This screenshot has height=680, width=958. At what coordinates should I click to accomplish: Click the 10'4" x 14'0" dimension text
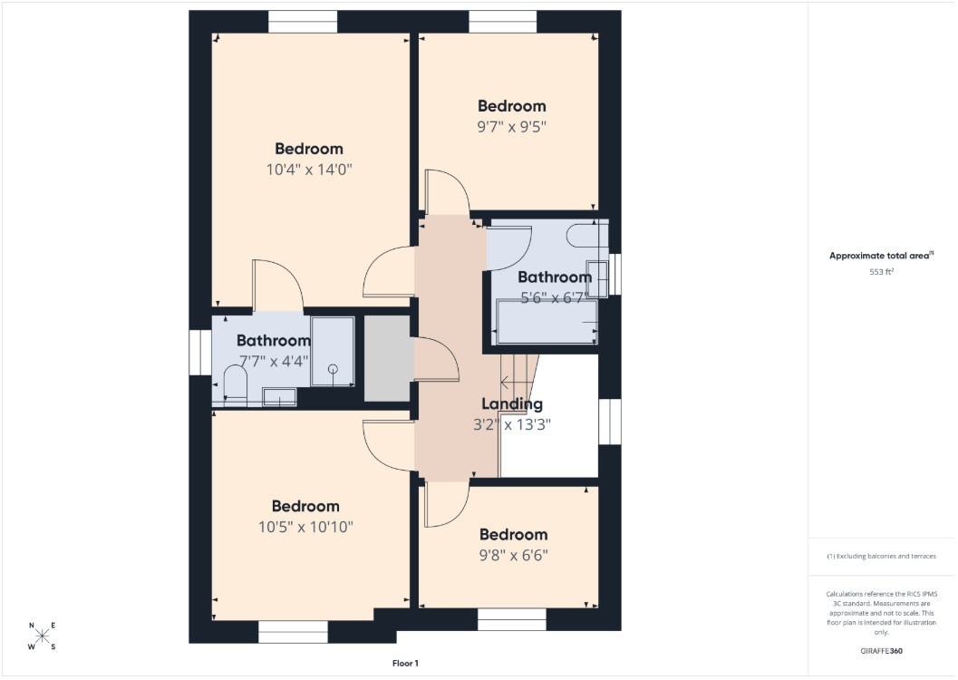309,170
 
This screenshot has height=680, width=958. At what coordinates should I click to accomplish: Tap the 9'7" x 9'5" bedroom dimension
512,126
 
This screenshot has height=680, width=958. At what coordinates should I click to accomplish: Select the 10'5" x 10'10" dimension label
305,527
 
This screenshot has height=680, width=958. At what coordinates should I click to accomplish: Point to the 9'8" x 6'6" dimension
513,555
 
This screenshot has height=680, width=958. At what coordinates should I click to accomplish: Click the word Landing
512,403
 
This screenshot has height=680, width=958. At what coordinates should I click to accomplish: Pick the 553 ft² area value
882,271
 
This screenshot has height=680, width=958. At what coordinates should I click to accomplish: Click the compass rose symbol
42,636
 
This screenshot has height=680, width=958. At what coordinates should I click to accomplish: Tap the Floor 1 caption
405,663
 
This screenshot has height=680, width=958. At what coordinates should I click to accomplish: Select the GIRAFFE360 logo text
881,651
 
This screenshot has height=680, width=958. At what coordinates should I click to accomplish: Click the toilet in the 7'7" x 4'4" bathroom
235,385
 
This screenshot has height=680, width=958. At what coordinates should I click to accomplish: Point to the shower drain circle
333,368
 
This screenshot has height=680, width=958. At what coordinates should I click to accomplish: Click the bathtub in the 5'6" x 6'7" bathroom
547,321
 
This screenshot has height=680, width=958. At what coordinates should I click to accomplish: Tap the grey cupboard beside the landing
387,359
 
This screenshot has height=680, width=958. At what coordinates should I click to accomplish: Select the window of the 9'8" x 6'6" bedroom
511,619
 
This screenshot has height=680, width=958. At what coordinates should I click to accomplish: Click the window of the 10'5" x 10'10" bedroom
294,632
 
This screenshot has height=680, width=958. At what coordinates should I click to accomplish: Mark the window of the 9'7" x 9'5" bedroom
503,22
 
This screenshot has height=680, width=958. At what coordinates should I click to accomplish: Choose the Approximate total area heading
881,256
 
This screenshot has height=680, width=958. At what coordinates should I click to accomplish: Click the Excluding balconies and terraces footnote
882,556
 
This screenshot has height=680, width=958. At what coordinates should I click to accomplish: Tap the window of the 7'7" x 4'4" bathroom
199,353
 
